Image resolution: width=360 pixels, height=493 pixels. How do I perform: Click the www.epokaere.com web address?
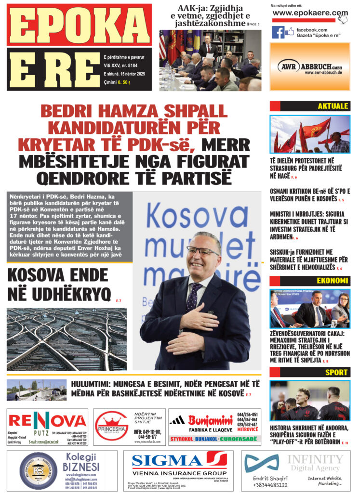(x=309, y=13)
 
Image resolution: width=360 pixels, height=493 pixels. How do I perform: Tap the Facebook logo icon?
(x=278, y=32)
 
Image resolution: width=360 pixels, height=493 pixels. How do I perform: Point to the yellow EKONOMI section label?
(x=332, y=281)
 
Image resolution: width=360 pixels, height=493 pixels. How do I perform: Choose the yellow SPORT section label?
(x=336, y=372)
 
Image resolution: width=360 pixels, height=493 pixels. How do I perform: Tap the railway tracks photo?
(x=67, y=339)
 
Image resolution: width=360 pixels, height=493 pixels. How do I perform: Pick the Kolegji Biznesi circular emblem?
(x=39, y=471)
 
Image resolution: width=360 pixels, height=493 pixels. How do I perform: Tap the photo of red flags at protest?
(x=309, y=134)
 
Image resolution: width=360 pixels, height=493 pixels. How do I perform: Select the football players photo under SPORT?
(x=309, y=401)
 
